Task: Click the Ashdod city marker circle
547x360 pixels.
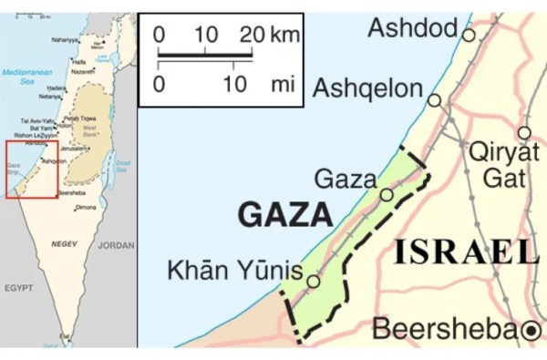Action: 469,35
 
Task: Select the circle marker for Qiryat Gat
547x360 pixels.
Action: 523,133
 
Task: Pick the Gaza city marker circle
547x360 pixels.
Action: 387,195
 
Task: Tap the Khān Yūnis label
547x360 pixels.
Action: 234,270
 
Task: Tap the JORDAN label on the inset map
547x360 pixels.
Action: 116,245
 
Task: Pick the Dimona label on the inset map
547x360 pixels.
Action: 85,208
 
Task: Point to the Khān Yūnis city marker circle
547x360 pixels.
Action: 313,283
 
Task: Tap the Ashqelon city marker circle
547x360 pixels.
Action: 435,99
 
